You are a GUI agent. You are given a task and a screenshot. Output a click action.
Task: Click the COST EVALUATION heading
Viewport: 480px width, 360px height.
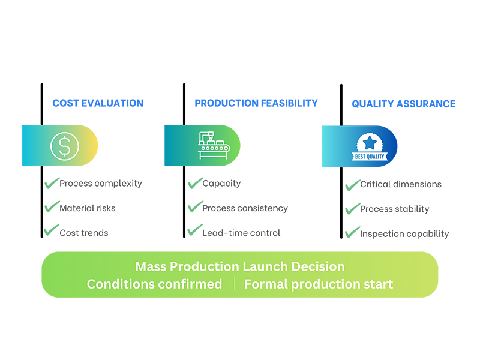(x=98, y=103)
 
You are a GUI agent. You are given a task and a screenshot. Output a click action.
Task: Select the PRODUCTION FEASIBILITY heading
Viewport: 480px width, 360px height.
(x=256, y=103)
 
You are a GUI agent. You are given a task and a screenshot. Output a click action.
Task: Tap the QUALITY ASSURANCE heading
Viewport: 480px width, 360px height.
(x=404, y=104)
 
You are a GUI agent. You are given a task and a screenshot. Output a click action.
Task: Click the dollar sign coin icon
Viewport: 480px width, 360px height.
(x=65, y=145)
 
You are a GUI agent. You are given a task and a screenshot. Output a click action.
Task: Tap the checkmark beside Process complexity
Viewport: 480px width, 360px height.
(x=52, y=182)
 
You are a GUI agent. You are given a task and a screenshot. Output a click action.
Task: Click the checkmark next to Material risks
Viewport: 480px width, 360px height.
(x=52, y=207)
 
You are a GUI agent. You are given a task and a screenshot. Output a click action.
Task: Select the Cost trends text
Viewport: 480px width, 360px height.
(x=84, y=233)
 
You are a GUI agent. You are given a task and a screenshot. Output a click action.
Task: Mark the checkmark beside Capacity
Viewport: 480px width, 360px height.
(x=195, y=182)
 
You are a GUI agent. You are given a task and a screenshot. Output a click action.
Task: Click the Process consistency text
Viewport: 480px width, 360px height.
(x=245, y=208)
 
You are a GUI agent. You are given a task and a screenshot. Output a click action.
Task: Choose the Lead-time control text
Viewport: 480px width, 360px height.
(x=241, y=233)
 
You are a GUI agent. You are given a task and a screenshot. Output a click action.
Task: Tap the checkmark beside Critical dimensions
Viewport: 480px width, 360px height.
(x=352, y=184)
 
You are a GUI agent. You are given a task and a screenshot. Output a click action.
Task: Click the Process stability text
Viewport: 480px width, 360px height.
(x=394, y=209)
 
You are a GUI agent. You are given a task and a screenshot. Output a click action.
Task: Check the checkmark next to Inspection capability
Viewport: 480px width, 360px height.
(x=352, y=233)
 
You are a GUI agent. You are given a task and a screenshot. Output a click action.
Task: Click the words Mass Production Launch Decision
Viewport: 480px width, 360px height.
(x=240, y=266)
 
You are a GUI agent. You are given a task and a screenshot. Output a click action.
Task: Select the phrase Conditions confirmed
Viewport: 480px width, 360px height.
(x=154, y=284)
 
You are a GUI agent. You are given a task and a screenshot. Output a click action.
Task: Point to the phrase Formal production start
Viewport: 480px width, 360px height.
(x=319, y=284)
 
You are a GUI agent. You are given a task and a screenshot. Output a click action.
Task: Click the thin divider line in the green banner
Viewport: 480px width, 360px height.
(x=235, y=284)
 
